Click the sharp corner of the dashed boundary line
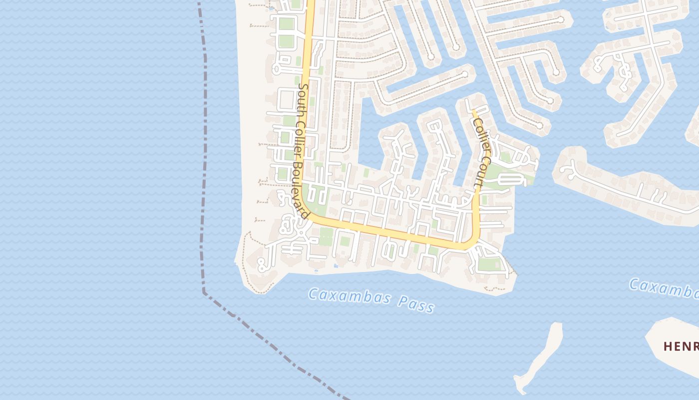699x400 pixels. point(204,291)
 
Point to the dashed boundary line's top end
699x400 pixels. point(199,3)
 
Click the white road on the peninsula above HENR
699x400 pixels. point(629,190)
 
